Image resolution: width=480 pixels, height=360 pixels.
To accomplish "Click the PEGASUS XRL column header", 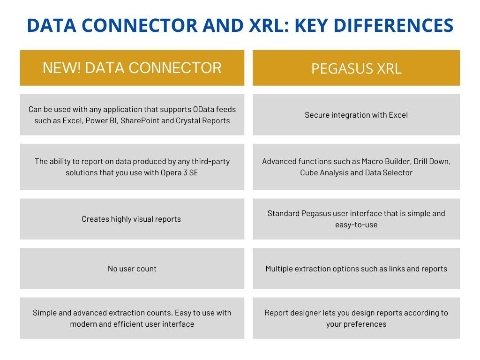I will coord(356,68).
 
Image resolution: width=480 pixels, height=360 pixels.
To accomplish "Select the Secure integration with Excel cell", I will coord(356,115).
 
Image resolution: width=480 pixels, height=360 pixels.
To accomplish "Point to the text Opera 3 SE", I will coord(180,172).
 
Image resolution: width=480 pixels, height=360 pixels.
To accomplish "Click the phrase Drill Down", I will coord(432,161).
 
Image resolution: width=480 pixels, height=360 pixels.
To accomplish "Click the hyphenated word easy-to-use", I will coord(356,225).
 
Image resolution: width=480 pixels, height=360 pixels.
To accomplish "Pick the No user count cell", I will coord(132,269).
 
